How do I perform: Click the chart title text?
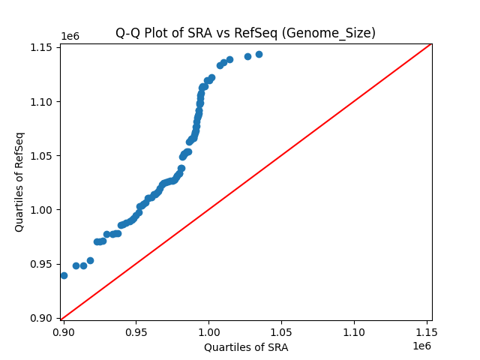click(245, 33)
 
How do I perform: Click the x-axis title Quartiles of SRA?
click(245, 347)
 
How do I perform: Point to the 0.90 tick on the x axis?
click(64, 331)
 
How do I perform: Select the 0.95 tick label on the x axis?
click(136, 331)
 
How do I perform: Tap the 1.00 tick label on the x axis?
click(208, 331)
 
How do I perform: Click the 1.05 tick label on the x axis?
click(281, 331)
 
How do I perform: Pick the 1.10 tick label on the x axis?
click(354, 331)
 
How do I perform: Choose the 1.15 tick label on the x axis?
click(426, 331)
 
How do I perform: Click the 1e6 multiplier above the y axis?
click(70, 37)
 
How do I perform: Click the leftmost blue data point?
click(64, 275)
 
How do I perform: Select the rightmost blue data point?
click(259, 54)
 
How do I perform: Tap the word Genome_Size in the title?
click(338, 33)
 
